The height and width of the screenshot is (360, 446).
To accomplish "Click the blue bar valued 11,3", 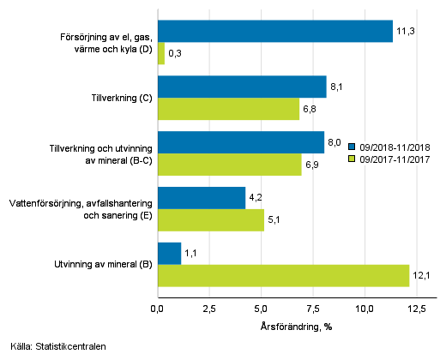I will (x=274, y=32).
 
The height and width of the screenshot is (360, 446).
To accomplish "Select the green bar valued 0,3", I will (x=160, y=53).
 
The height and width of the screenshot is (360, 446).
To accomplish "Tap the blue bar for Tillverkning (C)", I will (x=242, y=87).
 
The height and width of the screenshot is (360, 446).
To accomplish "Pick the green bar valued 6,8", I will (x=228, y=108).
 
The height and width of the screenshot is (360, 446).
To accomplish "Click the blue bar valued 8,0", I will (x=241, y=142).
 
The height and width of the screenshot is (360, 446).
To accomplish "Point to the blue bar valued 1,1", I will (x=169, y=253).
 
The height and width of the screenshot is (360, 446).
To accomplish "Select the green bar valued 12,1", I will (x=283, y=274).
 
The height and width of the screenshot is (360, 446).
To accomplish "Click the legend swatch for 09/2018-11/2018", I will (x=352, y=146).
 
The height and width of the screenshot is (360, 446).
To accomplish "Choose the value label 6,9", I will (x=314, y=164).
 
